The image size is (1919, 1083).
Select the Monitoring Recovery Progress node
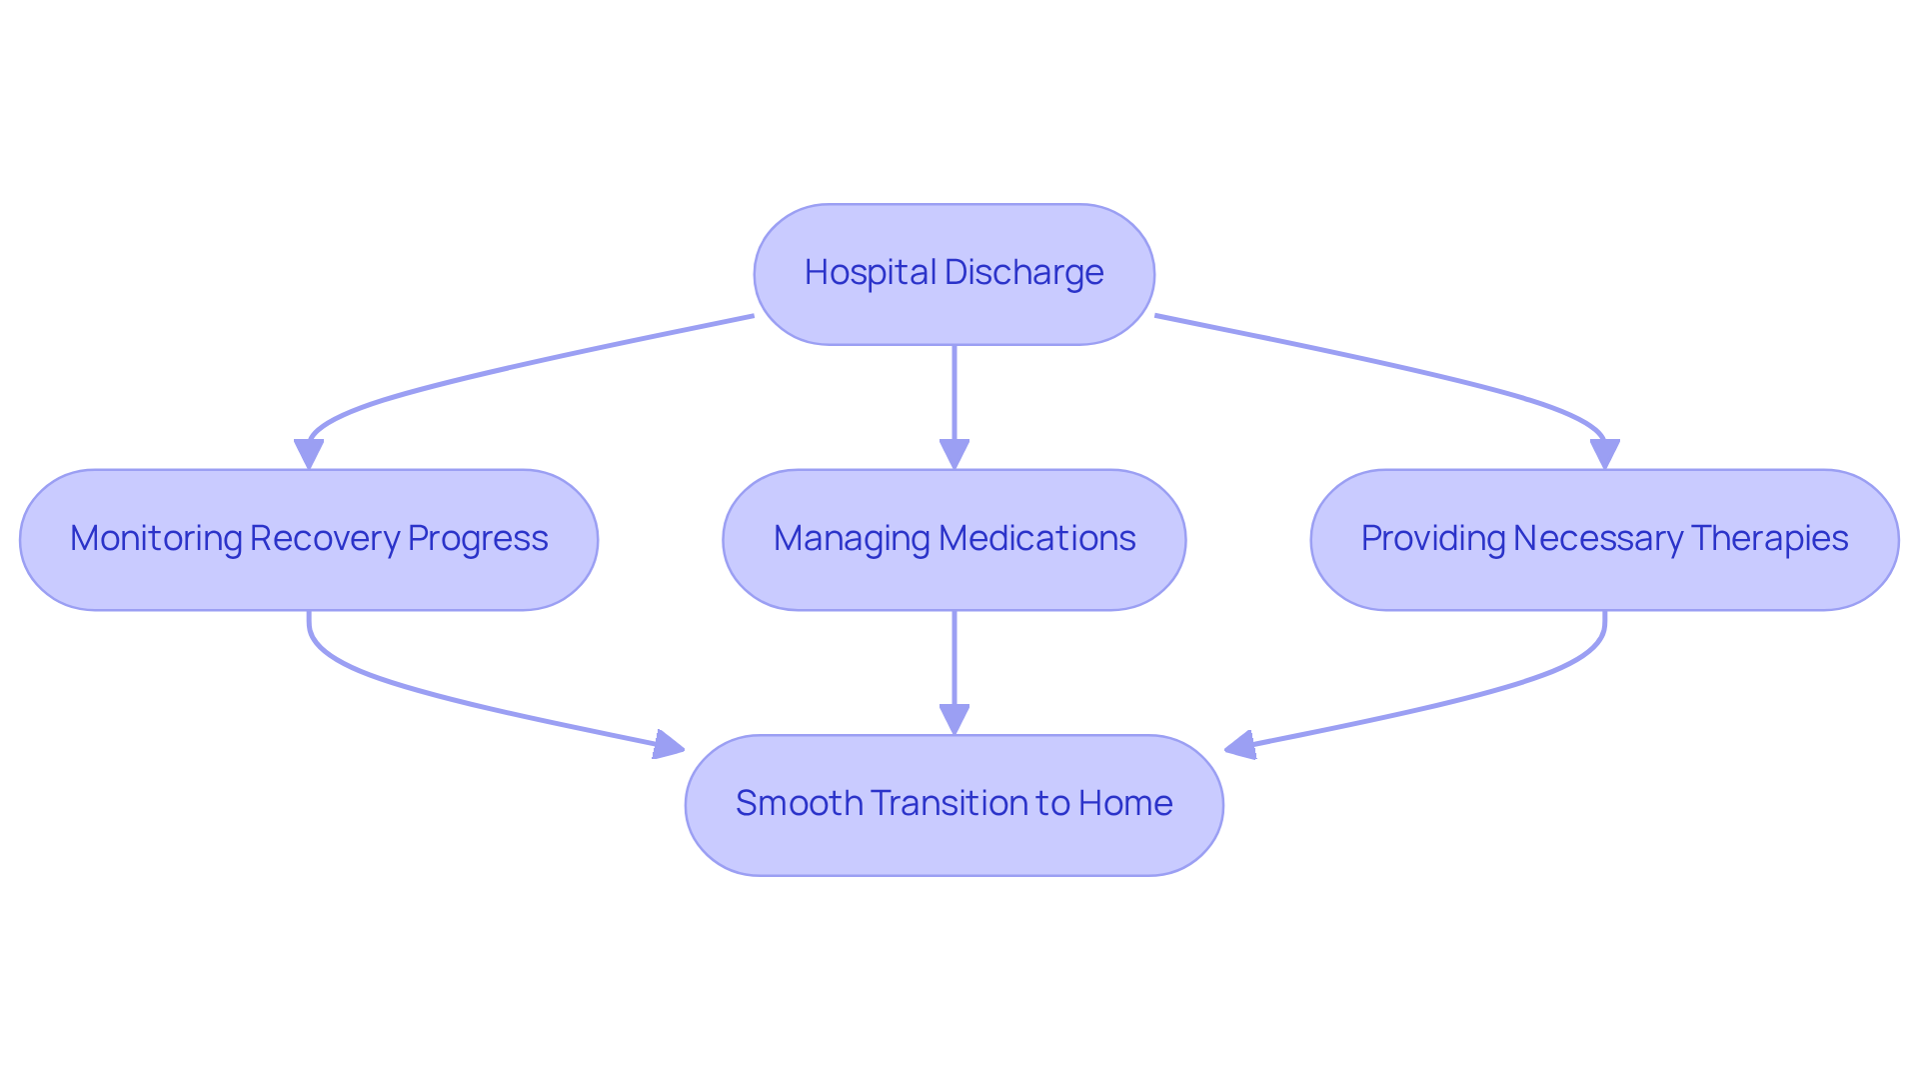coord(308,575)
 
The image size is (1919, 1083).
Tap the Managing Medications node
coord(954,575)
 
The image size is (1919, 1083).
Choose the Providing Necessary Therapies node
coord(1604,575)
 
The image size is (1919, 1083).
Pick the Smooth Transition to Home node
coord(954,840)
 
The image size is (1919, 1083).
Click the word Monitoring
coord(155,538)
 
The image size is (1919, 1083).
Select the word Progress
coord(478,538)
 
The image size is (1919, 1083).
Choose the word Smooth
coord(799,803)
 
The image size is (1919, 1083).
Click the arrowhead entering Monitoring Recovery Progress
coord(309,455)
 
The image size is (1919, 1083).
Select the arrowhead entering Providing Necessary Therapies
coord(1604,455)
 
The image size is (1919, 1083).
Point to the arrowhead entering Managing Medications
coord(955,455)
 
